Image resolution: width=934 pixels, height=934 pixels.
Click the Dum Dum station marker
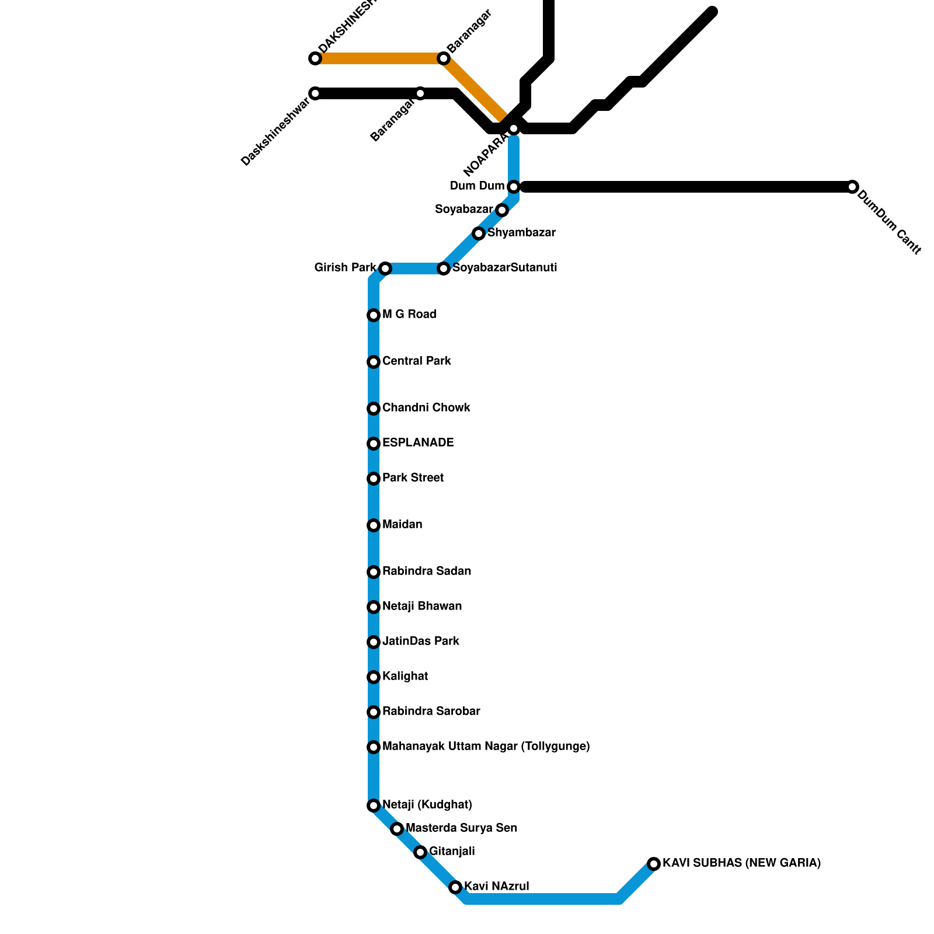coord(514,187)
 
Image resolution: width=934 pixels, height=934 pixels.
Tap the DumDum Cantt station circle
coord(852,187)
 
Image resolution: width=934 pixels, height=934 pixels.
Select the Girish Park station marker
coord(385,269)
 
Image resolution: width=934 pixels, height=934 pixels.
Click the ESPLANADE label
coord(417,443)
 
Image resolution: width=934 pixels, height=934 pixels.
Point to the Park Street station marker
coord(374,479)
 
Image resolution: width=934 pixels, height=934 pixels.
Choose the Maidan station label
coord(402,525)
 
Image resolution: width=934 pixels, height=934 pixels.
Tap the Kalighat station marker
coord(374,677)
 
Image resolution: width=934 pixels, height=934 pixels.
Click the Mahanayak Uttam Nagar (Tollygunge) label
coord(486,747)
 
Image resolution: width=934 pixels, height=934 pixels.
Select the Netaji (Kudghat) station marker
coord(374,806)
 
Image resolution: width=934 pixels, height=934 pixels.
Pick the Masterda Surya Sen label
coord(461,828)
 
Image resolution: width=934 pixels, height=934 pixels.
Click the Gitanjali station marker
coord(420,852)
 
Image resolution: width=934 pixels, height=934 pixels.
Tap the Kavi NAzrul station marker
coord(455,887)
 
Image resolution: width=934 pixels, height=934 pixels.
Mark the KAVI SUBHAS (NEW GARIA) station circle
coord(654,864)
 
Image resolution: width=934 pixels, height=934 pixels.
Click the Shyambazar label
coord(521,233)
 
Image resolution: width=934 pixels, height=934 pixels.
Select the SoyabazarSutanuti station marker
coord(444,269)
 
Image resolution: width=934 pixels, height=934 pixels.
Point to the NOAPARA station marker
coord(514,128)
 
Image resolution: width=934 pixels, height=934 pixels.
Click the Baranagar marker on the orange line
coord(444,58)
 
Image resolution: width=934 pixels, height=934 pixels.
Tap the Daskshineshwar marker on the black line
coord(315,93)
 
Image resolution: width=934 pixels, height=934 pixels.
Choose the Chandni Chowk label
coord(426,408)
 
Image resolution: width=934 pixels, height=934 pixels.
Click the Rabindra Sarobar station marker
coord(374,712)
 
